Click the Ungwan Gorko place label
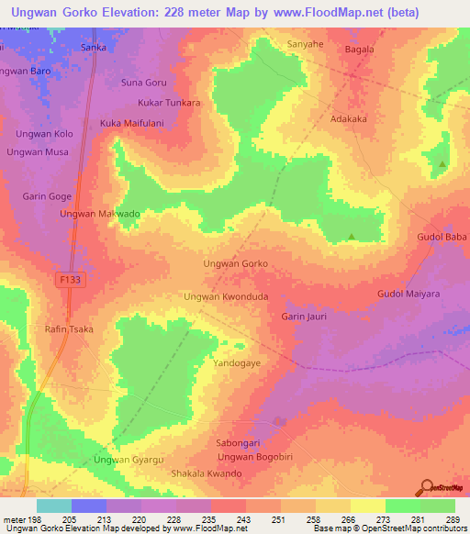click(235, 263)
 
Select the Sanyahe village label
click(306, 44)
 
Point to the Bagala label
click(362, 50)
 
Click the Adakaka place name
click(348, 118)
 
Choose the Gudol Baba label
click(442, 237)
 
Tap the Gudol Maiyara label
click(408, 294)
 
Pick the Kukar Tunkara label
click(169, 103)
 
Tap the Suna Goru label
click(144, 83)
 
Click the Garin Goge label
click(47, 196)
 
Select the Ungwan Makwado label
click(99, 214)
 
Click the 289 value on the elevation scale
click(452, 519)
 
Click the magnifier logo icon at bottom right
click(425, 487)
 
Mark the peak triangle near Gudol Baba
click(352, 237)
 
